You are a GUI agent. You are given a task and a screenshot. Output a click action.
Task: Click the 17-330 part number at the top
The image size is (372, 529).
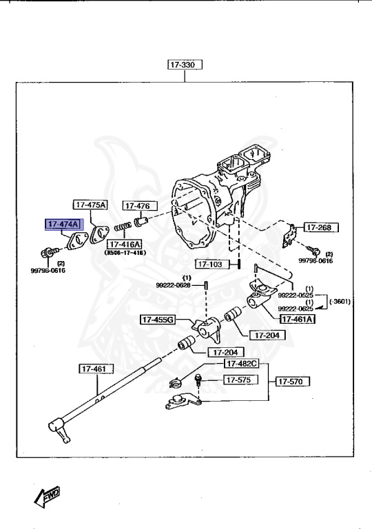[x=183, y=65]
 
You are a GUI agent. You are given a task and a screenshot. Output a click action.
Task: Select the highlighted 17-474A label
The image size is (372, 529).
[x=63, y=225]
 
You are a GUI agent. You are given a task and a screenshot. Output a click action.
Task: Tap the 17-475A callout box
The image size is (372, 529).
[x=90, y=205]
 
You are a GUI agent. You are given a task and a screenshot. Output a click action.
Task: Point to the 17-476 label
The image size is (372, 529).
[x=140, y=205]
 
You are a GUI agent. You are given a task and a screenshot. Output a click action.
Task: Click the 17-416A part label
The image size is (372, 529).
[x=123, y=245]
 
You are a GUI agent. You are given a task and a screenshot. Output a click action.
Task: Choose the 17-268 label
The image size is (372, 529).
[x=319, y=227]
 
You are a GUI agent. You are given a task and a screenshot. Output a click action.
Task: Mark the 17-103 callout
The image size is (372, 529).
[x=211, y=264]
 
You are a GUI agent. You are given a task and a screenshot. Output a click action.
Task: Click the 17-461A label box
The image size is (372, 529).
[x=297, y=318]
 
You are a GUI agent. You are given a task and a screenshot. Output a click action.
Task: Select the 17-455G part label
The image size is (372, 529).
[x=158, y=320]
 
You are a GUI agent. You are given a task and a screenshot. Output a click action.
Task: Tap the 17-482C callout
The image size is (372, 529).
[x=240, y=363]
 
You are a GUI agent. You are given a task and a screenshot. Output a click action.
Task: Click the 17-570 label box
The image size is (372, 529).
[x=293, y=380]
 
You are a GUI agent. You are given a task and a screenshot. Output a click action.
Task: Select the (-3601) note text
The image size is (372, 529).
[x=340, y=301]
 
